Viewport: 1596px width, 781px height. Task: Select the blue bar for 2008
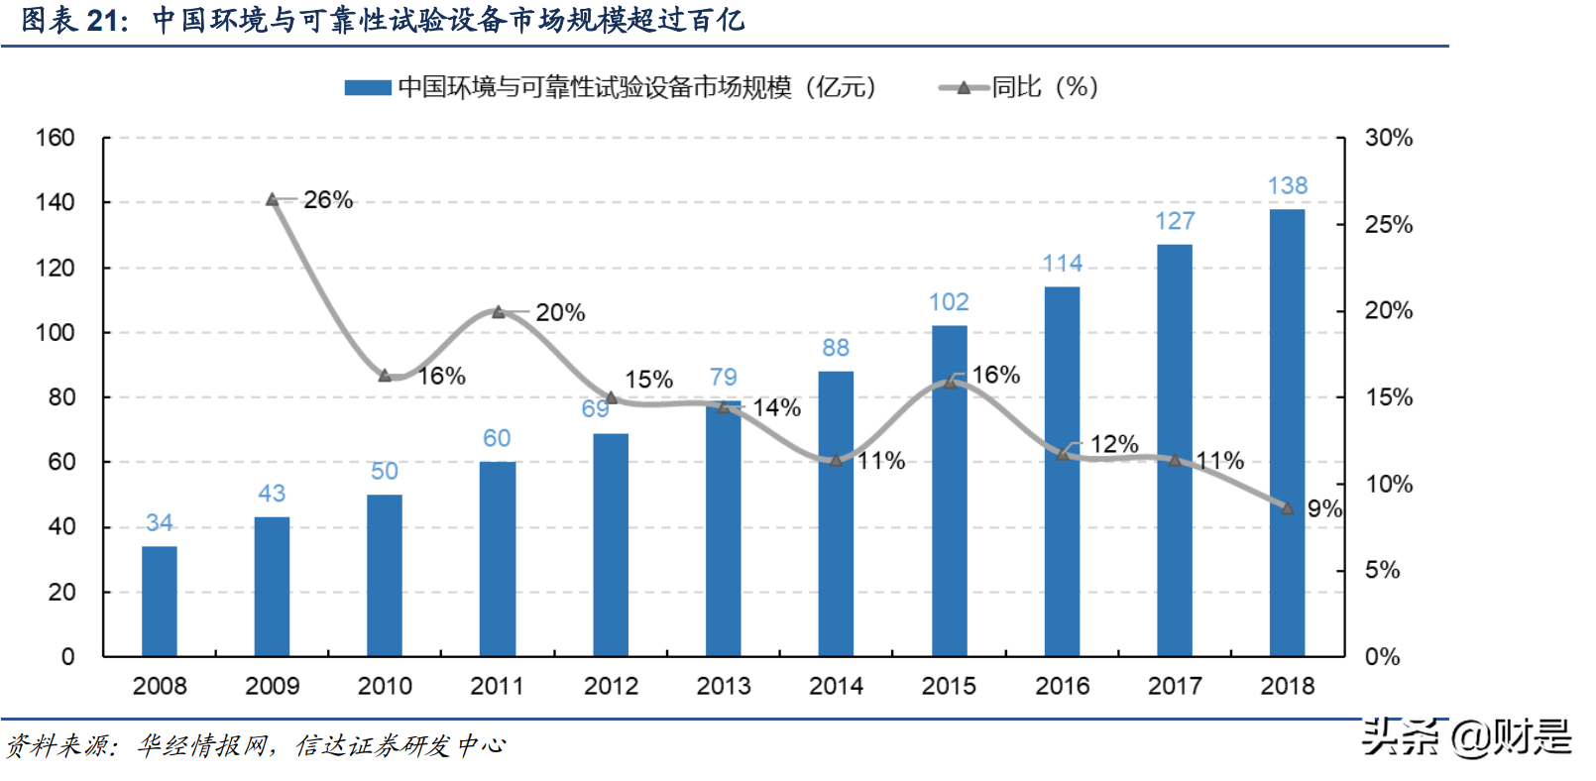[159, 601]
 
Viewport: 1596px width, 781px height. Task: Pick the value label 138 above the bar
[1287, 186]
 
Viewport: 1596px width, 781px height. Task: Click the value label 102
[949, 302]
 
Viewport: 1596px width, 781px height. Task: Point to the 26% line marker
[273, 200]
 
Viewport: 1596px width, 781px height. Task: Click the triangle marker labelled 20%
[499, 312]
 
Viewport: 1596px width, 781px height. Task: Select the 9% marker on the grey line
[1287, 508]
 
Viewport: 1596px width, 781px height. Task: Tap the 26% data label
[328, 200]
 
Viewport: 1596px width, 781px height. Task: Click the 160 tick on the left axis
[56, 138]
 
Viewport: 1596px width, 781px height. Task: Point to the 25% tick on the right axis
[1388, 225]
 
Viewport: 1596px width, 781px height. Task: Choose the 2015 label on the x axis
[949, 686]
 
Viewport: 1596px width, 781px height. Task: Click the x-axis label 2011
[497, 686]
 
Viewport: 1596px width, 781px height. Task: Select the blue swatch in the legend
[367, 88]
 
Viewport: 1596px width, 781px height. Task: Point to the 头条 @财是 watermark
[1466, 737]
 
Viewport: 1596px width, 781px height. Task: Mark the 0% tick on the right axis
[1381, 657]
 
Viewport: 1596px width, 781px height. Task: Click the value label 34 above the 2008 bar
[159, 523]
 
